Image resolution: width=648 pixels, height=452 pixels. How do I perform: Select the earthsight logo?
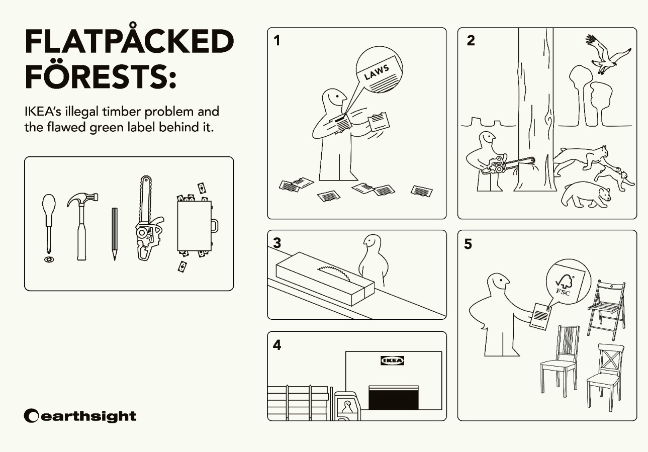(80, 416)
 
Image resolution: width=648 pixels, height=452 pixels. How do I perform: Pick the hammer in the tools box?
(82, 226)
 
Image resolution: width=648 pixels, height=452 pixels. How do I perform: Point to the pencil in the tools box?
(115, 234)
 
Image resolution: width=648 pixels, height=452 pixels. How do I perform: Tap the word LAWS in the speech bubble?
(377, 72)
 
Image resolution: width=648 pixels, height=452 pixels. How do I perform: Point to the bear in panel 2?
(586, 194)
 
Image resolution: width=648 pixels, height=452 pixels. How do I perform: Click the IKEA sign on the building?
(392, 360)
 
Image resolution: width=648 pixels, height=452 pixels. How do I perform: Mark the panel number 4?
(277, 345)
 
